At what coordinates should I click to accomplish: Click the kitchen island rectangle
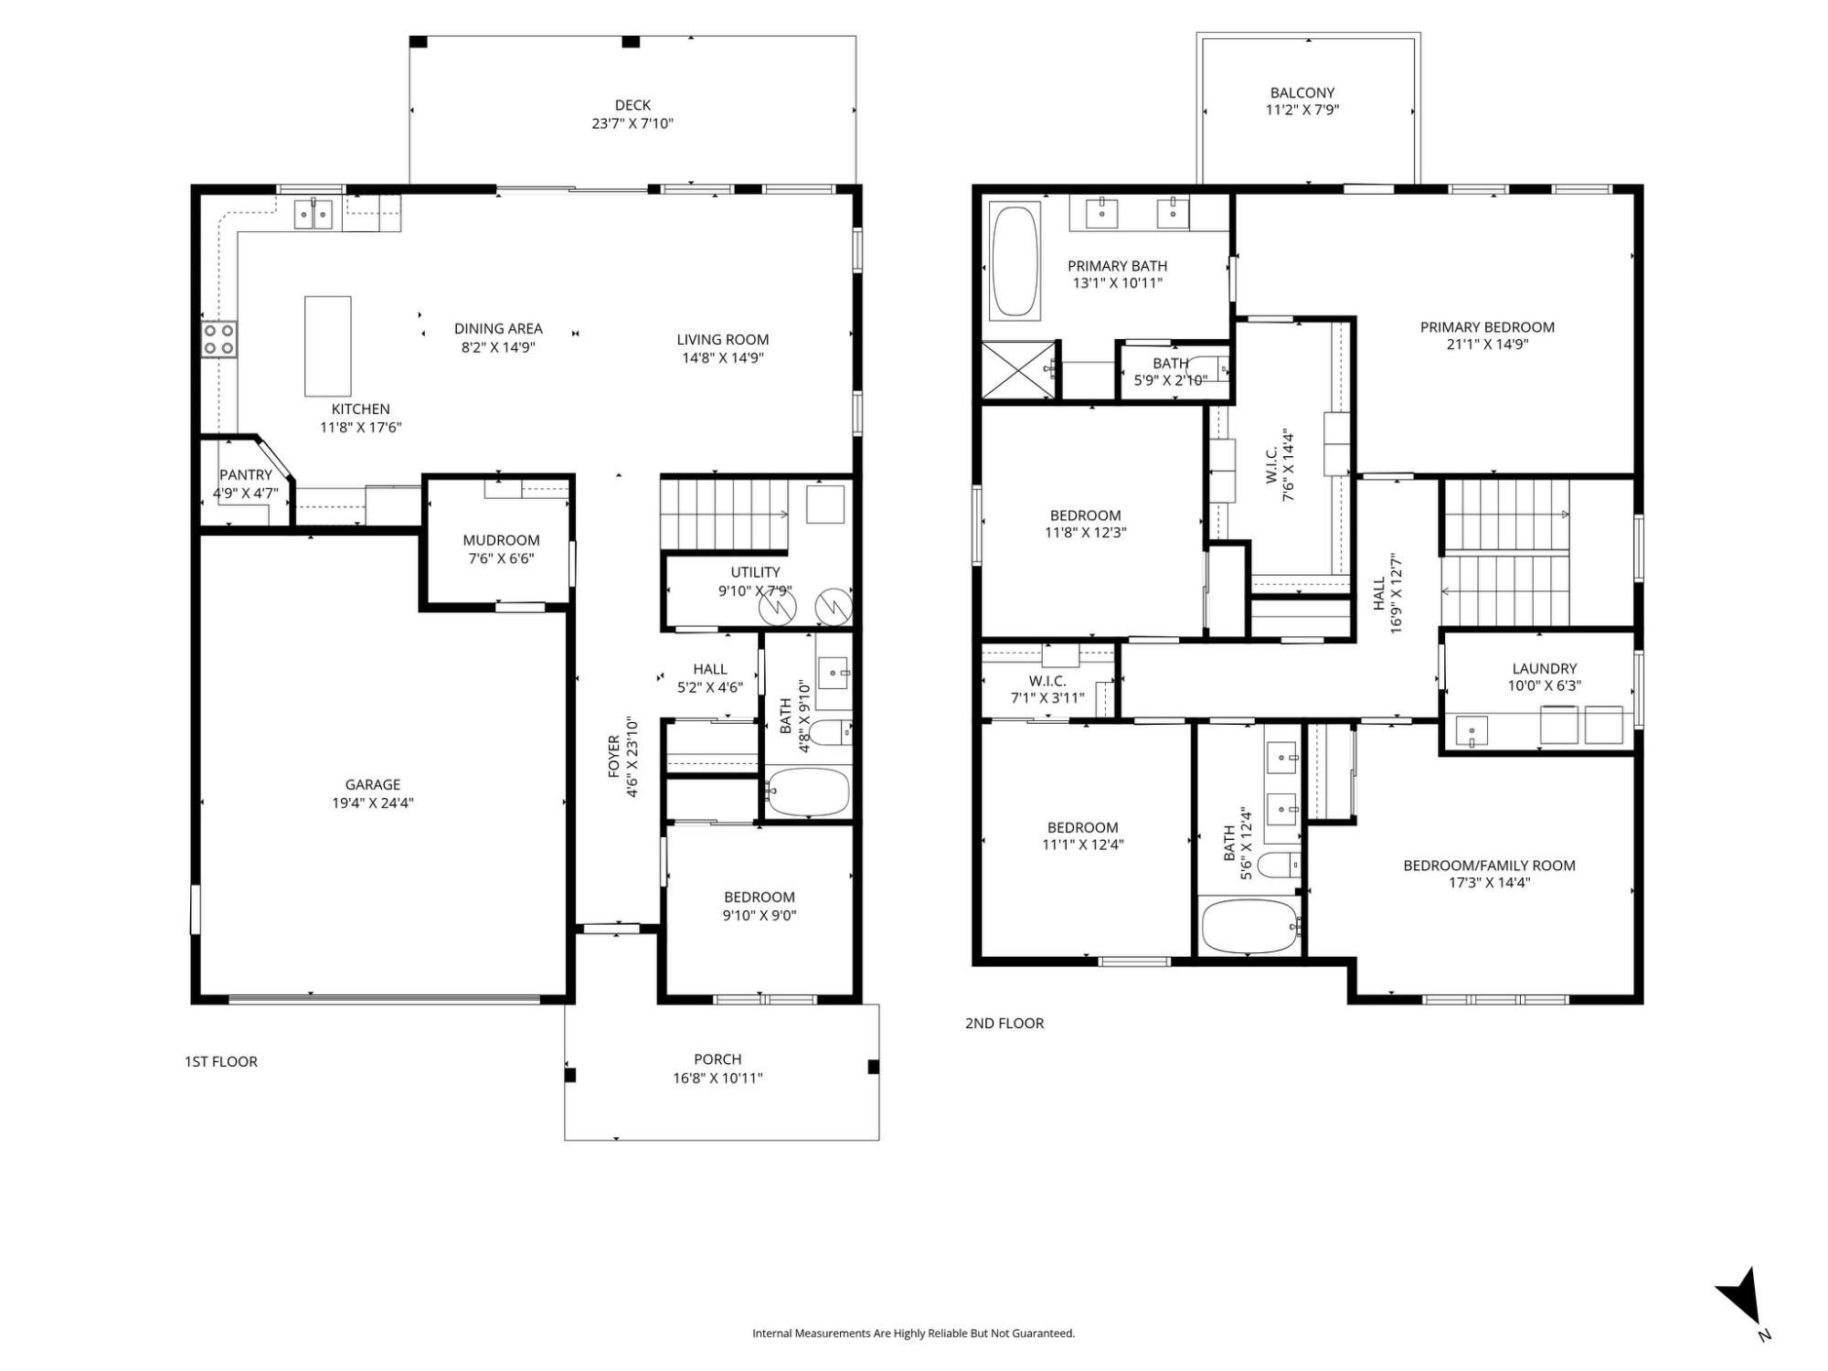click(x=327, y=345)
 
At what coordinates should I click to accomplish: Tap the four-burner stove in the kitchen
click(x=218, y=339)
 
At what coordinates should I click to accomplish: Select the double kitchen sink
click(x=314, y=215)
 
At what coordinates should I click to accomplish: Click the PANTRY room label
click(x=246, y=475)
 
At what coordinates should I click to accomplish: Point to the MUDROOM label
click(x=501, y=540)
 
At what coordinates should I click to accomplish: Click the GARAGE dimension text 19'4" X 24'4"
click(x=373, y=803)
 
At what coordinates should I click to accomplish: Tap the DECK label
click(x=632, y=105)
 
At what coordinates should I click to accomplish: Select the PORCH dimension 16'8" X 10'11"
click(x=717, y=1079)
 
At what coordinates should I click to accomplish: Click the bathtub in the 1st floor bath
click(x=808, y=792)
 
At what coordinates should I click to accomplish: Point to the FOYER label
click(x=614, y=757)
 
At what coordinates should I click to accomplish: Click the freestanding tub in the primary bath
click(x=1015, y=261)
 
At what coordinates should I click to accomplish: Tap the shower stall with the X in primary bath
click(x=1018, y=370)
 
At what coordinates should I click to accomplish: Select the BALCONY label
click(x=1302, y=92)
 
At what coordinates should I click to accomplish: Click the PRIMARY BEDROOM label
click(x=1487, y=327)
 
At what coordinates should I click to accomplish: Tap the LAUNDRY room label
click(x=1545, y=668)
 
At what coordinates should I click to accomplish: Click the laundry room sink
click(x=1470, y=731)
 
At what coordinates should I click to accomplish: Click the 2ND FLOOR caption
click(x=1004, y=1023)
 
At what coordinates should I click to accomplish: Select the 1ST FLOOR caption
click(x=221, y=1061)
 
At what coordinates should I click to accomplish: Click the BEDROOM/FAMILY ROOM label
click(x=1489, y=866)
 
